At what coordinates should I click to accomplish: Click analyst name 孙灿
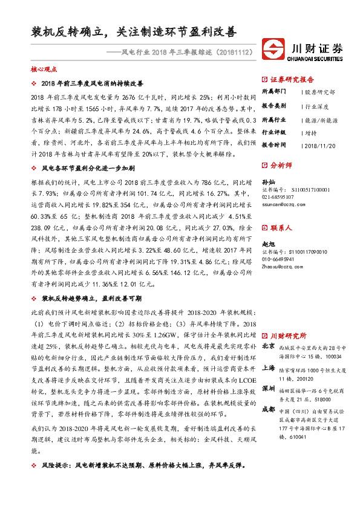click(x=267, y=181)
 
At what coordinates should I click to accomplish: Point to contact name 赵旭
click(x=267, y=243)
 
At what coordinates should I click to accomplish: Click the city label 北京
click(x=267, y=346)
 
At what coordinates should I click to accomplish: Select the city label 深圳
click(x=267, y=388)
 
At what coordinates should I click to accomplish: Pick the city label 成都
click(x=267, y=409)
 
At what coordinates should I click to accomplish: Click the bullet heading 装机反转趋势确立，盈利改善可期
click(x=91, y=299)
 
